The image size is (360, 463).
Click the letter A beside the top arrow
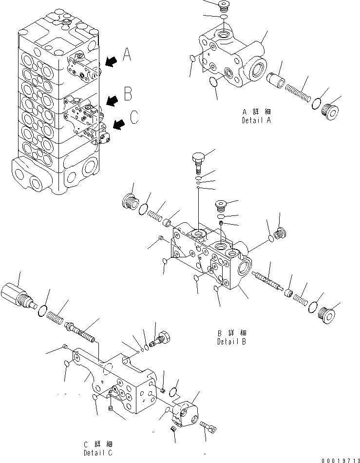(x=127, y=55)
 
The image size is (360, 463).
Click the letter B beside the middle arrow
(x=128, y=92)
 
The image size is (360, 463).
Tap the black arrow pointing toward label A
(x=111, y=61)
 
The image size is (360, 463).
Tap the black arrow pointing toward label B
(x=112, y=100)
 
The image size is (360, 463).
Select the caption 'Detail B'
(x=232, y=341)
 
